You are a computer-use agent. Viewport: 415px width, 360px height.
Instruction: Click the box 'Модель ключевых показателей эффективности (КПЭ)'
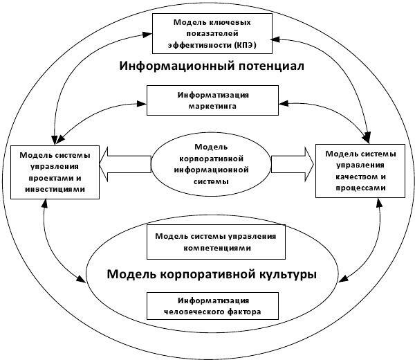pyautogui.click(x=212, y=34)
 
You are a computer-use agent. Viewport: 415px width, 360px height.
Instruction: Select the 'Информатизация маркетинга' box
pyautogui.click(x=212, y=100)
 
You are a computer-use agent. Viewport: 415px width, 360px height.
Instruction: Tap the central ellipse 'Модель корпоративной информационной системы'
pyautogui.click(x=211, y=164)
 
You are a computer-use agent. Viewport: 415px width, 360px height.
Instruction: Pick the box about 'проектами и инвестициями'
pyautogui.click(x=55, y=172)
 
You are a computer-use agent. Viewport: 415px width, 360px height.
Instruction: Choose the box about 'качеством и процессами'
pyautogui.click(x=360, y=171)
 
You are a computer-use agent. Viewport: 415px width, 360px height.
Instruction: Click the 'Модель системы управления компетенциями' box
pyautogui.click(x=216, y=242)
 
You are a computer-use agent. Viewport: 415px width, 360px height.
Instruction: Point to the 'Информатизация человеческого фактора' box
pyautogui.click(x=212, y=306)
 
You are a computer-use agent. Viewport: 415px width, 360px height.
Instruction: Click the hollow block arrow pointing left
pyautogui.click(x=125, y=164)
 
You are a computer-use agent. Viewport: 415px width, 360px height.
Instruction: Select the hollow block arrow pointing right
pyautogui.click(x=293, y=164)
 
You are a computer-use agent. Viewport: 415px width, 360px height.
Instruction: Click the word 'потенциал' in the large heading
pyautogui.click(x=271, y=66)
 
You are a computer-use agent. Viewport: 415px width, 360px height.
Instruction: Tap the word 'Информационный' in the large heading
pyautogui.click(x=177, y=66)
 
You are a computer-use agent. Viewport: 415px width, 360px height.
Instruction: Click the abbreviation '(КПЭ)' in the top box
pyautogui.click(x=246, y=45)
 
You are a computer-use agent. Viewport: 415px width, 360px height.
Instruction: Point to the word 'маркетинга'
pyautogui.click(x=212, y=107)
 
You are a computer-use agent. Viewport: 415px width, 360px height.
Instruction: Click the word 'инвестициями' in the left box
pyautogui.click(x=55, y=190)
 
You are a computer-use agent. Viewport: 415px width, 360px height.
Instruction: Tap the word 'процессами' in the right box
pyautogui.click(x=361, y=188)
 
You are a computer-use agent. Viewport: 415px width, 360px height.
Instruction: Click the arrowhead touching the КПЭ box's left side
pyautogui.click(x=147, y=35)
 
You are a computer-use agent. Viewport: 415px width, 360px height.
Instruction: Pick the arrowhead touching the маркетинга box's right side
pyautogui.click(x=284, y=103)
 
